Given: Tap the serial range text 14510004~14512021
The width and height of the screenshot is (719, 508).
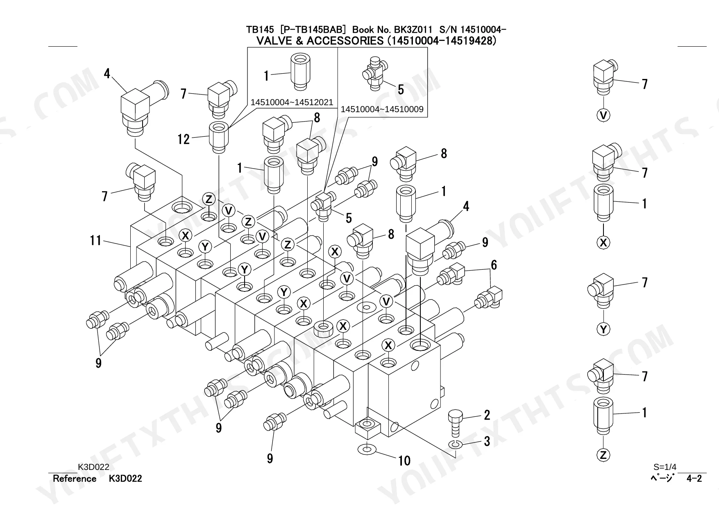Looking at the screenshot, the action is coord(292,102).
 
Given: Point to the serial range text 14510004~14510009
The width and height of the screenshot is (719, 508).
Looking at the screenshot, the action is coord(382,109).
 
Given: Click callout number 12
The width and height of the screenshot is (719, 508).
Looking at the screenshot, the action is coord(184,139).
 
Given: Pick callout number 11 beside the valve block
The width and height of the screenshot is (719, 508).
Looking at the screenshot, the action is coord(95,240).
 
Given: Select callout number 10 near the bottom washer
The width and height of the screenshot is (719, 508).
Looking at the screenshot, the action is coord(404,461).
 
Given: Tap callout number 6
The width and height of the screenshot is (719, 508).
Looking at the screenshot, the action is coord(494,265).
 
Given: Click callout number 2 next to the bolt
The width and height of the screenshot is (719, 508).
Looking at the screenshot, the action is coord(487,415).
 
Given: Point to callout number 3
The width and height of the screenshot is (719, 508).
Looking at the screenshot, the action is coord(487,441).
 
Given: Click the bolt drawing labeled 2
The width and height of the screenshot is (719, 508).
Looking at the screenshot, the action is coord(456,423).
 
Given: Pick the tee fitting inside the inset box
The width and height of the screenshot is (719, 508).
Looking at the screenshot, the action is coord(374,74).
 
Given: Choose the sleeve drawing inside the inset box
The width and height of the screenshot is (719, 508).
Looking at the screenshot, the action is coord(301,71).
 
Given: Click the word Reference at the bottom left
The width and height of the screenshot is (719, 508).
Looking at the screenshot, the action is coord(75,479).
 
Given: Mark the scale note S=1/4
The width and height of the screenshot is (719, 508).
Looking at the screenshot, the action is coord(665,467).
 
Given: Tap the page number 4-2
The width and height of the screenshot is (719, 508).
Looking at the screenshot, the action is coord(694,479).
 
